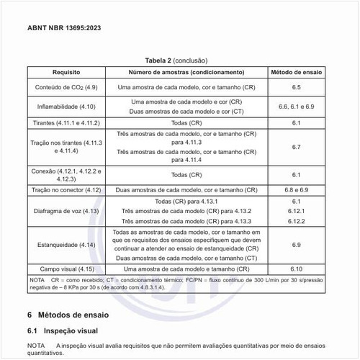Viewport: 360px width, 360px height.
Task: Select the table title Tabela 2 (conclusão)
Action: [x=180, y=61]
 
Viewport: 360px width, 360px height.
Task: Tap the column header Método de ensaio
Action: [x=296, y=73]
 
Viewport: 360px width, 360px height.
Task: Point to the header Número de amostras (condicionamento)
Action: [x=186, y=73]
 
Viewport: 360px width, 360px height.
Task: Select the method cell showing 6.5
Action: [x=296, y=87]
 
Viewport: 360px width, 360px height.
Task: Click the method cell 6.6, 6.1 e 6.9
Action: [x=296, y=107]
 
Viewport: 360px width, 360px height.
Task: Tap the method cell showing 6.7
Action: [x=296, y=147]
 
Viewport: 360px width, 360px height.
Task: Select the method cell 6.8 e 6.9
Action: [x=296, y=189]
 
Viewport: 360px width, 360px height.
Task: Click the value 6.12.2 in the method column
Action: [x=296, y=221]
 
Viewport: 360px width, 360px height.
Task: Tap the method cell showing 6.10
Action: [x=296, y=269]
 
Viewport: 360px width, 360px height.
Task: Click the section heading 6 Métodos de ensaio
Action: [x=73, y=315]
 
